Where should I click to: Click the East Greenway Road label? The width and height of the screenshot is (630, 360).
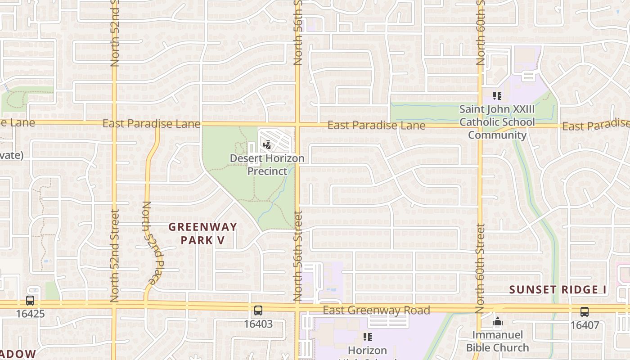(x=376, y=310)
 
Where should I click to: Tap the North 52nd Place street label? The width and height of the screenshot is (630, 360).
(x=151, y=243)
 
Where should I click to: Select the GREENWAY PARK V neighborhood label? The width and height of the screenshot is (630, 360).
(x=202, y=233)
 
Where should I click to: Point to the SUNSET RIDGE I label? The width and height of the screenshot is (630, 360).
(x=558, y=290)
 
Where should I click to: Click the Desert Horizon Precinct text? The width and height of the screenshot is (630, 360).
(x=267, y=165)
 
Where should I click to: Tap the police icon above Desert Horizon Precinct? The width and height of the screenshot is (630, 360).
(x=267, y=145)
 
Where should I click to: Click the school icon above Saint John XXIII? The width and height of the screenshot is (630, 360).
(x=497, y=96)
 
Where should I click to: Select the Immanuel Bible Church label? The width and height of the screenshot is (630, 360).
(x=497, y=341)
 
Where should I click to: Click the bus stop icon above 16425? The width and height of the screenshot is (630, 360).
(x=30, y=301)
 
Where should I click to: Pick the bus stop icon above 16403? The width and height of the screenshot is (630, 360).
(x=258, y=310)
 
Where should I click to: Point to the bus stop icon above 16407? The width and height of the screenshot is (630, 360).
(x=584, y=311)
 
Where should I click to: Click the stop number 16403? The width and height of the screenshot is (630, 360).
(x=258, y=324)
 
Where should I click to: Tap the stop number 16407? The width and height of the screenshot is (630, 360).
(x=584, y=324)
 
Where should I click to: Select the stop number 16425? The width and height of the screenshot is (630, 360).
(x=30, y=314)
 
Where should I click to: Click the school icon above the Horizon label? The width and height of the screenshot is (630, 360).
(x=368, y=337)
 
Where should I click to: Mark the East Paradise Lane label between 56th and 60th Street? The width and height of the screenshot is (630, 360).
(x=376, y=125)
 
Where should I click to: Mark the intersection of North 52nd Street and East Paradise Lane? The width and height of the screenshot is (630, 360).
(x=114, y=122)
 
